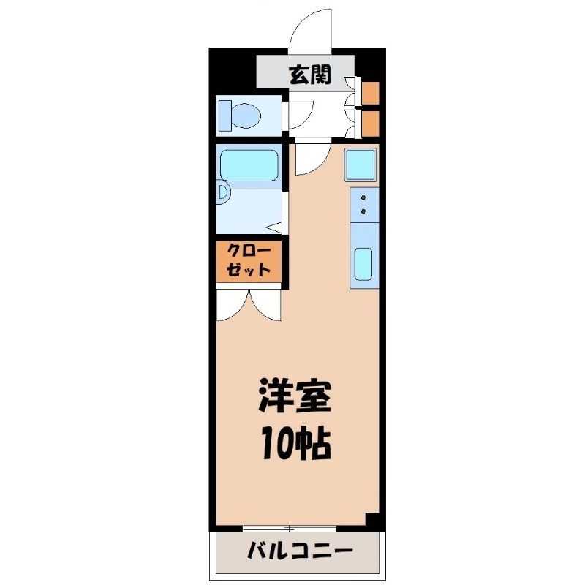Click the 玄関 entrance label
point(310,75)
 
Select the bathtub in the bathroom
point(249,165)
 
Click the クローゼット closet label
point(249,260)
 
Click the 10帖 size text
point(295,445)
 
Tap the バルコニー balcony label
point(301,551)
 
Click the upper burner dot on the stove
point(363,197)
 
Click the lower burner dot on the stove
point(363,211)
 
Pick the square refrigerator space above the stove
point(361,165)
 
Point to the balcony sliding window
point(290,528)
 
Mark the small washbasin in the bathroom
point(223,193)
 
